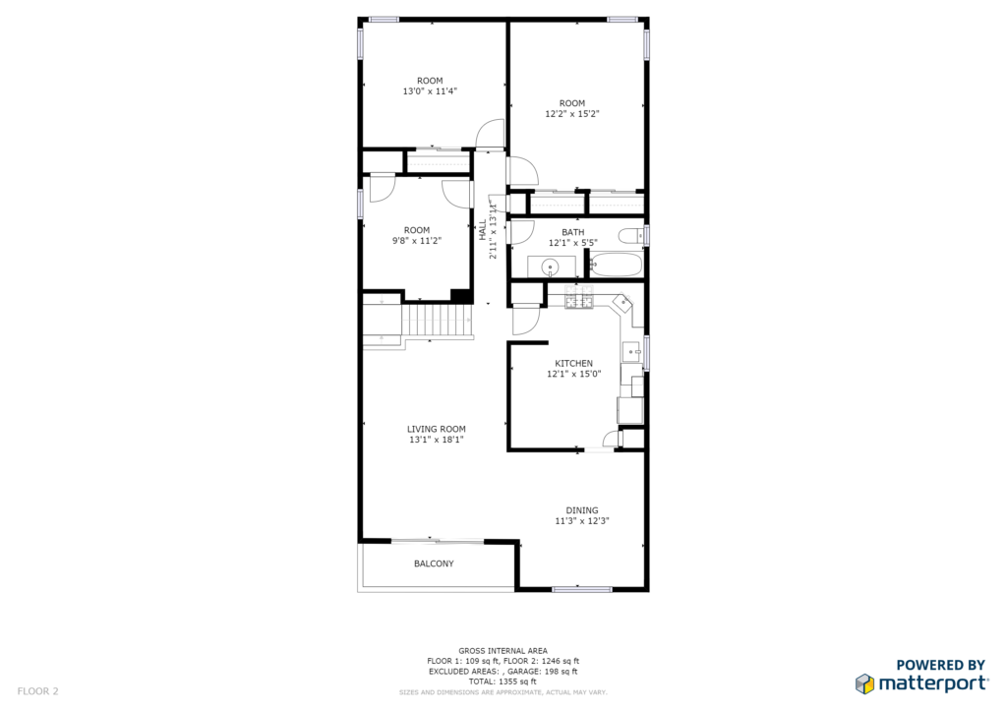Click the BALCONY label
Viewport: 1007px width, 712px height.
coord(434,564)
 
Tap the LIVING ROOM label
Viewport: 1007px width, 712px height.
coord(436,429)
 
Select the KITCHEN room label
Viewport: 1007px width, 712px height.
coord(573,364)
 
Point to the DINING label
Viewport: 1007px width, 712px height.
coord(582,510)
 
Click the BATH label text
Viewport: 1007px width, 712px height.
coord(573,232)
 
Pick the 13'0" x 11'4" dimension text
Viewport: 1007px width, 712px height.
coord(430,91)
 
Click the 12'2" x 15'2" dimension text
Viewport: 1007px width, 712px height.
coord(572,114)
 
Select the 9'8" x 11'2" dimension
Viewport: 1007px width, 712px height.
coord(417,241)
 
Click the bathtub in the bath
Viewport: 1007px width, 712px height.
coord(616,265)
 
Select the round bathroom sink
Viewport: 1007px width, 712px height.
coord(550,267)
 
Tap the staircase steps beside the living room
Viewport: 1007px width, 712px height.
coord(438,321)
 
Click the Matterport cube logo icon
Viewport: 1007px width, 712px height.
coord(864,683)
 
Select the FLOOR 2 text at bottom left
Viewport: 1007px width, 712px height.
coord(38,691)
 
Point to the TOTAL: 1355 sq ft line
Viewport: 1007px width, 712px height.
coord(503,682)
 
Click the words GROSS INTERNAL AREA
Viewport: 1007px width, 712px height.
coord(503,651)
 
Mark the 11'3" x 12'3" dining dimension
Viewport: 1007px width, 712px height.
coord(582,521)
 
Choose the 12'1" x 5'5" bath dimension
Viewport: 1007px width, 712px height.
coord(573,243)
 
